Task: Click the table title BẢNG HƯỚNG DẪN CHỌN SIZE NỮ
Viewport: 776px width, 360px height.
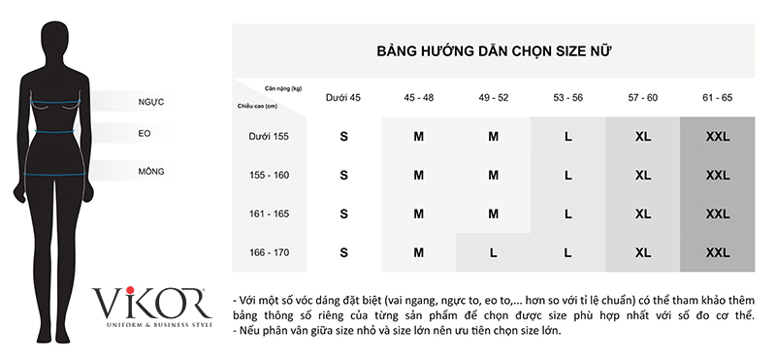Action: click(x=494, y=49)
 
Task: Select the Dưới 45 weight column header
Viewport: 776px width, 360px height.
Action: click(x=343, y=98)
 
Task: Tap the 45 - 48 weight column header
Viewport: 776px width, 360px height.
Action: click(x=419, y=98)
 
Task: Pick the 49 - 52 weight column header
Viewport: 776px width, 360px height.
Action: click(x=494, y=98)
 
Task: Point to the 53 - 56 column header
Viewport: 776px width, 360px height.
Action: click(x=568, y=98)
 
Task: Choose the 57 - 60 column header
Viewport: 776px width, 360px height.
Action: click(x=643, y=98)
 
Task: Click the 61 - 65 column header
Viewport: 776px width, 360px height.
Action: click(x=718, y=98)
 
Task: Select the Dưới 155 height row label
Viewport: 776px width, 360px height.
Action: click(x=269, y=136)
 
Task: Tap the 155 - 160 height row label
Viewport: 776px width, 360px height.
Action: click(x=269, y=176)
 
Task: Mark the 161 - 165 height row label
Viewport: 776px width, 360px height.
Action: click(x=269, y=213)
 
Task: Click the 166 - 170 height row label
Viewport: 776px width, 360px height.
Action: click(x=269, y=252)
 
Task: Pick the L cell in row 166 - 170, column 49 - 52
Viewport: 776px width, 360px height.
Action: click(x=494, y=252)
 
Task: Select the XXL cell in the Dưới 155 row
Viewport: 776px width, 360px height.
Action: click(x=718, y=137)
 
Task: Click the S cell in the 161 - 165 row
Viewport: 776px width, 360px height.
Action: click(x=343, y=213)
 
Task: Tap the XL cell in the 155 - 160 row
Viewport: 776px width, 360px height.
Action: click(x=643, y=176)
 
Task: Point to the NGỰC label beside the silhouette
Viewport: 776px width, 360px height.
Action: click(x=150, y=101)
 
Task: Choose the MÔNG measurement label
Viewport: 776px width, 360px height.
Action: click(x=150, y=172)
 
